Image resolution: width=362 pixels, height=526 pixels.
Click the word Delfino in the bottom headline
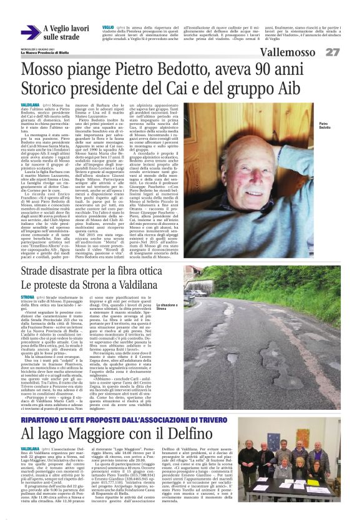tap(162, 417)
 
